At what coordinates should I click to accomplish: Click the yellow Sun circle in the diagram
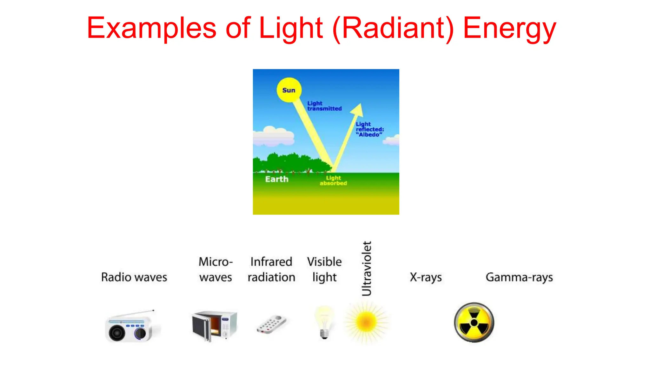coord(289,90)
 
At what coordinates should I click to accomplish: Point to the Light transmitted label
coord(324,106)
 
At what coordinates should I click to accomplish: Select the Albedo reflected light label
coord(369,129)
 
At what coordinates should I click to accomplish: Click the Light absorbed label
coord(333,180)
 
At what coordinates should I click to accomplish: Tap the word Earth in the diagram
coord(277,179)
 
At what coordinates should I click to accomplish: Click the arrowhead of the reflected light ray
coord(358,110)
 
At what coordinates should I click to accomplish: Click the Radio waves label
coord(134,277)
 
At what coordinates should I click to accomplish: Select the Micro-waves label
coord(216,269)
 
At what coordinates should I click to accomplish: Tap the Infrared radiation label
coord(271,269)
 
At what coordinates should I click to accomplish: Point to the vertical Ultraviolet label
coord(367,268)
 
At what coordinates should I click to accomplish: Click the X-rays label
coord(426,277)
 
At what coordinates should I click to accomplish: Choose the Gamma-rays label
coord(519,277)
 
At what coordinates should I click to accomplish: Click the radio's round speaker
coord(117,333)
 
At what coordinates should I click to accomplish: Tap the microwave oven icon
coord(215,325)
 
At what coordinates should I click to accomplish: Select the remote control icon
coord(271,324)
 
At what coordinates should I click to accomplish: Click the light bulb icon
coord(324,322)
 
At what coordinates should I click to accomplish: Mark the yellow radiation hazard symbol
coord(474,322)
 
